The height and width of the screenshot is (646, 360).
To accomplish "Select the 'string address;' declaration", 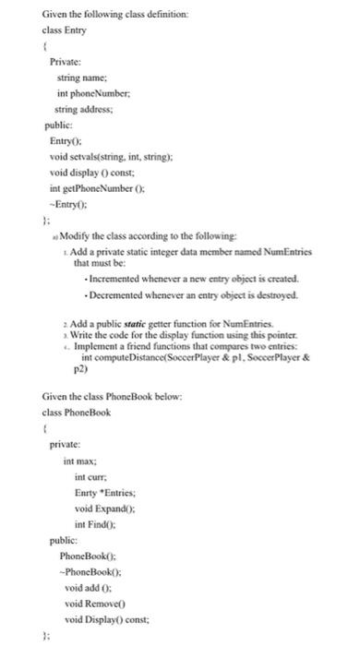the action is pos(91,110).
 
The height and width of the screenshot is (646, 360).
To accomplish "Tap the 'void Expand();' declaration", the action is pos(102,508).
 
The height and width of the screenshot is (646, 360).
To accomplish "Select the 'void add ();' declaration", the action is pos(89,587).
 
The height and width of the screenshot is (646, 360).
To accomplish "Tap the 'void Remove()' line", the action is pos(94,603).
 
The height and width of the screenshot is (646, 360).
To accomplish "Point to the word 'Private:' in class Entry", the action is pos(68,62).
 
